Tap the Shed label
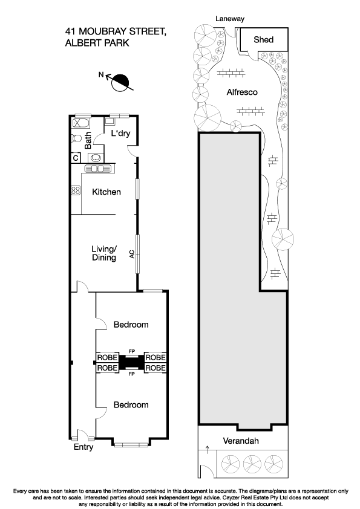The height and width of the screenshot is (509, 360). [263, 40]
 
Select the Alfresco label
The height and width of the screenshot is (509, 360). [242, 92]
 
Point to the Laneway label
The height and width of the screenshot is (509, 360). [231, 19]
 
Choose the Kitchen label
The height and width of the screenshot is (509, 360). [106, 192]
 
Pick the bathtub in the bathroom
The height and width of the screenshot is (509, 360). [79, 123]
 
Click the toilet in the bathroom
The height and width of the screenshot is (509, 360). [76, 138]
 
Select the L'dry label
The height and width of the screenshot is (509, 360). [121, 134]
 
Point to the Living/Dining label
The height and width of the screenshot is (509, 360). [103, 253]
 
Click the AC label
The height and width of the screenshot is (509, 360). [132, 255]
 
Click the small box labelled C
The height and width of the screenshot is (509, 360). [76, 158]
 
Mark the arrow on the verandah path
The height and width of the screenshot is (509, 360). [208, 449]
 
